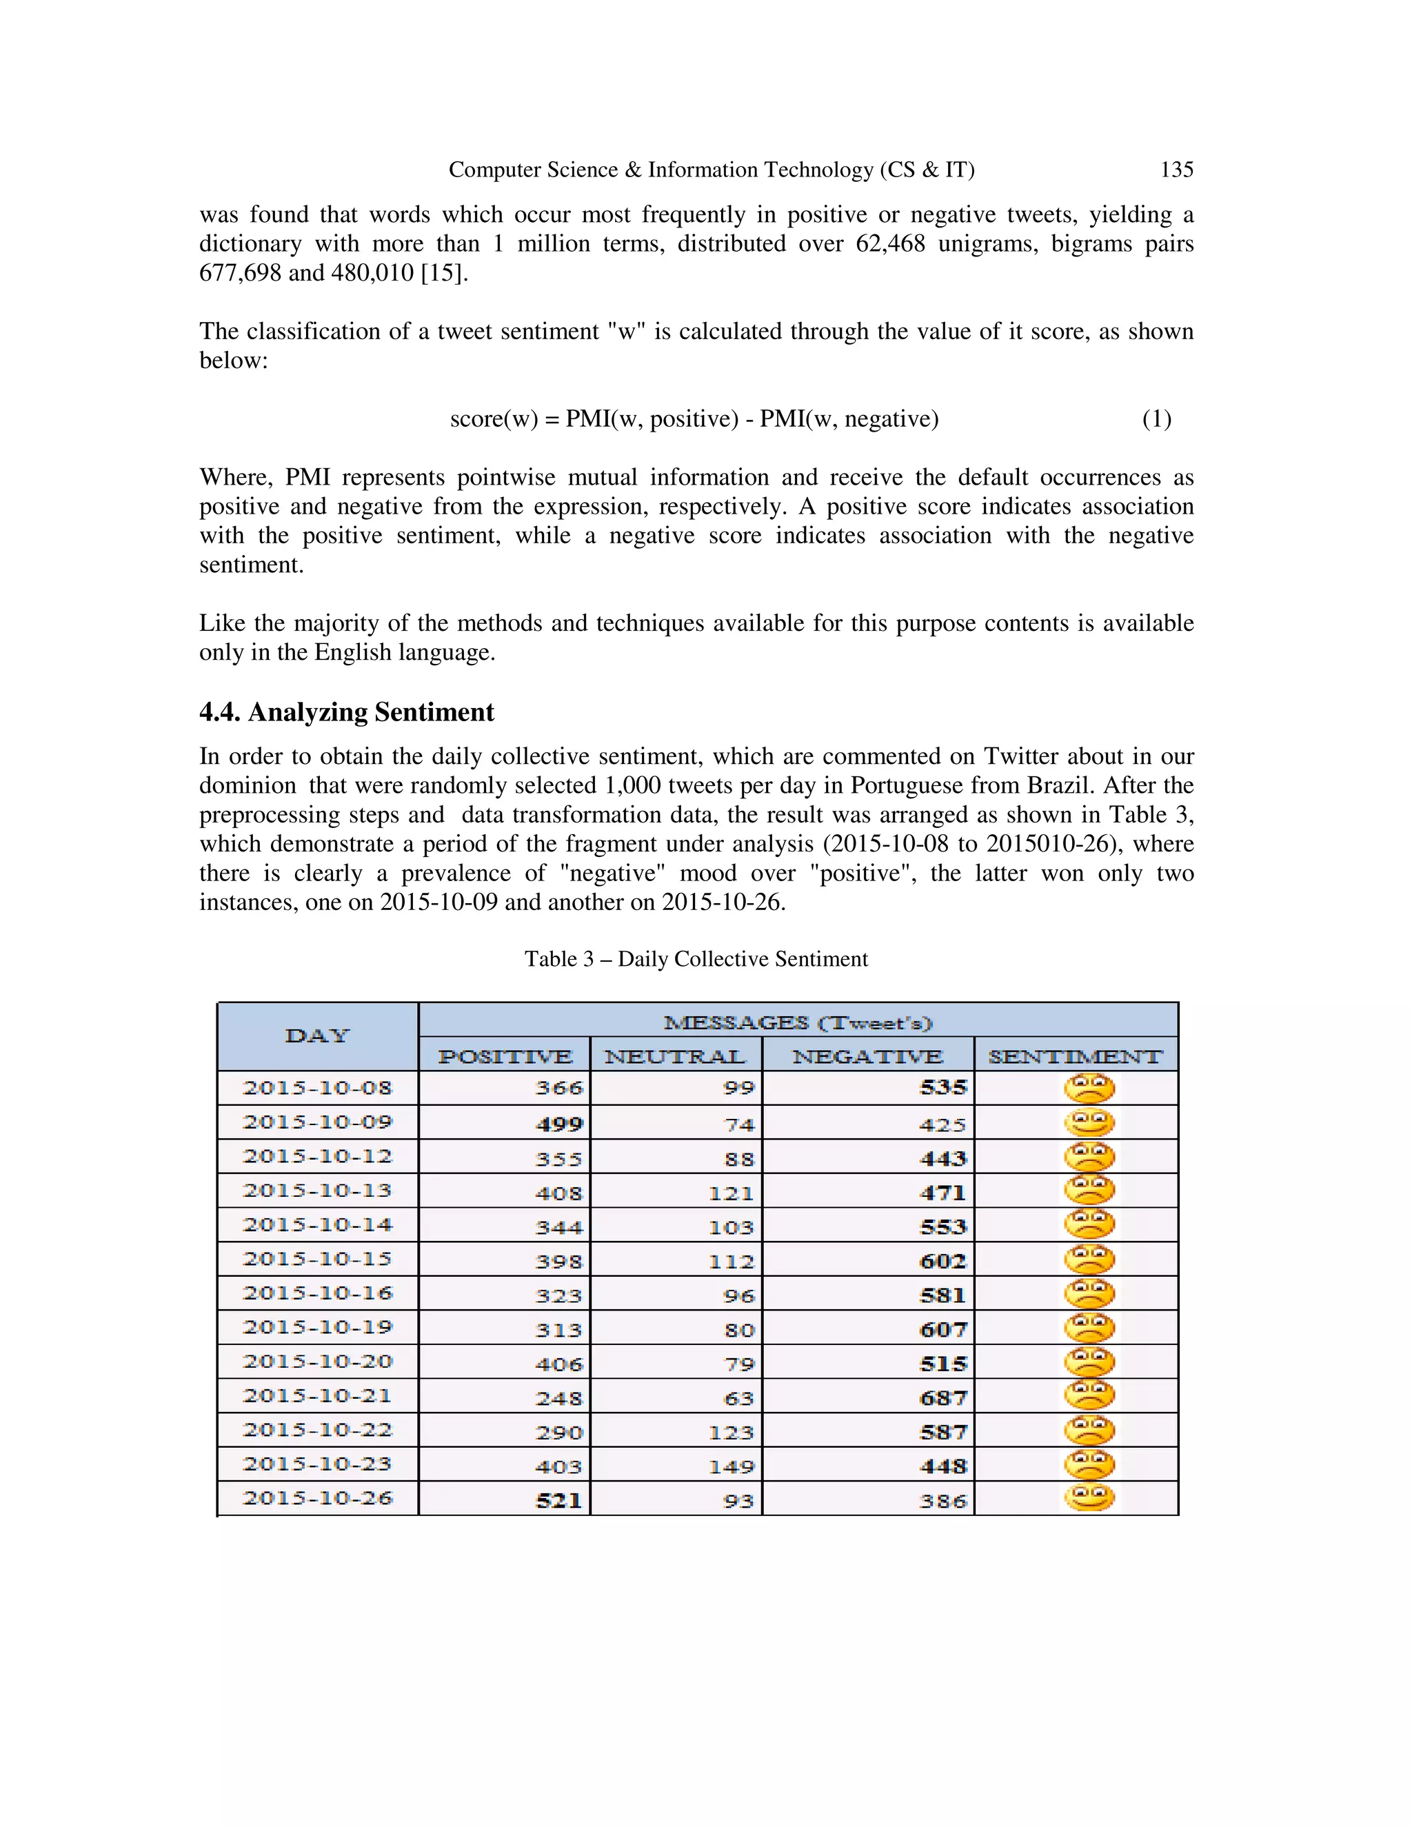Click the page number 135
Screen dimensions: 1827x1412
tap(1176, 170)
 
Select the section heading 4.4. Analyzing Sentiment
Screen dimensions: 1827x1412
tap(346, 712)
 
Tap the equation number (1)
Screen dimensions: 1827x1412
tap(1157, 418)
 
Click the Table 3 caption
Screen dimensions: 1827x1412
tap(696, 959)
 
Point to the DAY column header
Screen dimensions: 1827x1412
tap(317, 1036)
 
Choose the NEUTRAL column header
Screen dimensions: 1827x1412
tap(675, 1056)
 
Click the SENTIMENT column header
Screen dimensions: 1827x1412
tap(1075, 1056)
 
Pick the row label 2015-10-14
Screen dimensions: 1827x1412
tap(317, 1224)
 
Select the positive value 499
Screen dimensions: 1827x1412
tap(558, 1124)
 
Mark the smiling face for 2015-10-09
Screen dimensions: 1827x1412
tap(1089, 1122)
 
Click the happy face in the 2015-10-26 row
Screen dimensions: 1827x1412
tap(1089, 1497)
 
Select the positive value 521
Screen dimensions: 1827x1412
tap(558, 1500)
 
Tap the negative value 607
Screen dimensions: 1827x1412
tap(942, 1329)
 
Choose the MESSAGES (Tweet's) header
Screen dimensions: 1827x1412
tap(797, 1022)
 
